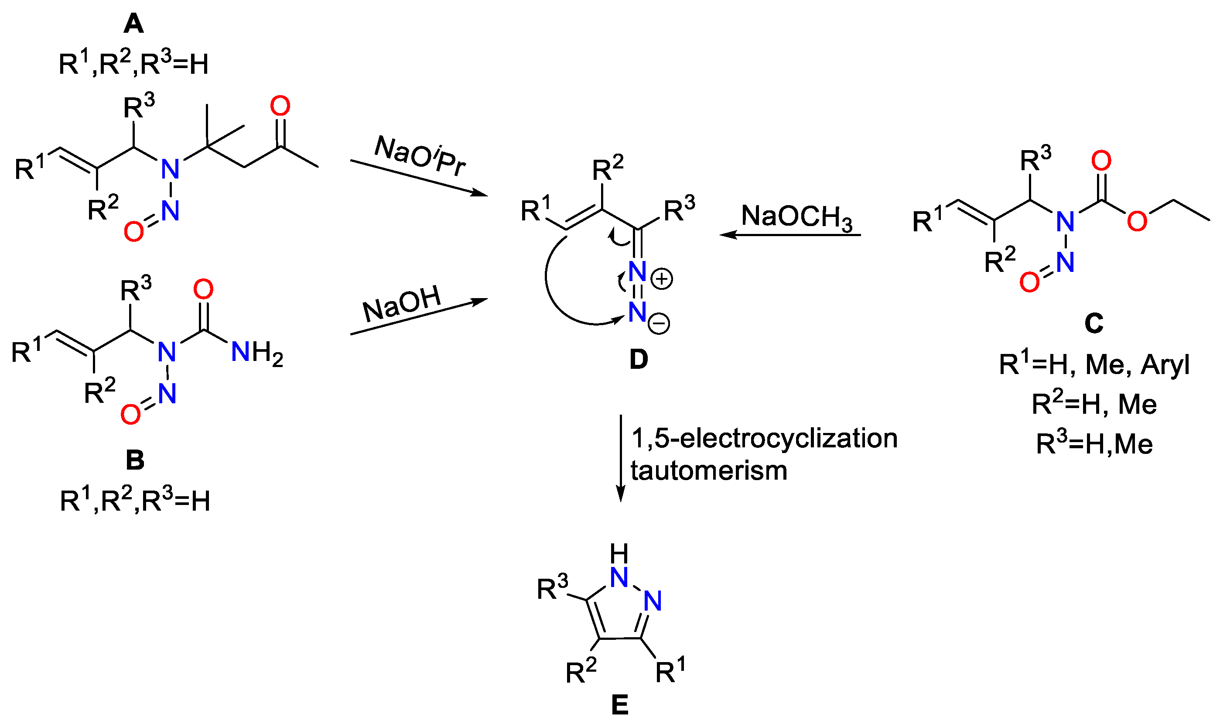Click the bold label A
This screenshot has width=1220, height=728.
coord(133,24)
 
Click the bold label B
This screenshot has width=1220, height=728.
coord(135,460)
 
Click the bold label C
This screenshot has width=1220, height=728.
coord(1094,323)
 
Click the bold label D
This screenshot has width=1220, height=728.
coord(639,360)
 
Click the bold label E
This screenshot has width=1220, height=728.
coord(620,705)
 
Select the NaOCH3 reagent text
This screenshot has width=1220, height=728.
coord(797,217)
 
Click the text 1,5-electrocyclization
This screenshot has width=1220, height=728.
coord(764,438)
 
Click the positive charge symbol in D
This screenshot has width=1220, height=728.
coord(662,280)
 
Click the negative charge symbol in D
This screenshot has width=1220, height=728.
coord(659,324)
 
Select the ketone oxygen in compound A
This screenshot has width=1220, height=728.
coord(280,106)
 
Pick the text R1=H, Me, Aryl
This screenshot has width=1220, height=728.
coord(1094,365)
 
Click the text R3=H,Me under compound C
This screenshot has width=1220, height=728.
coord(1094,444)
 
